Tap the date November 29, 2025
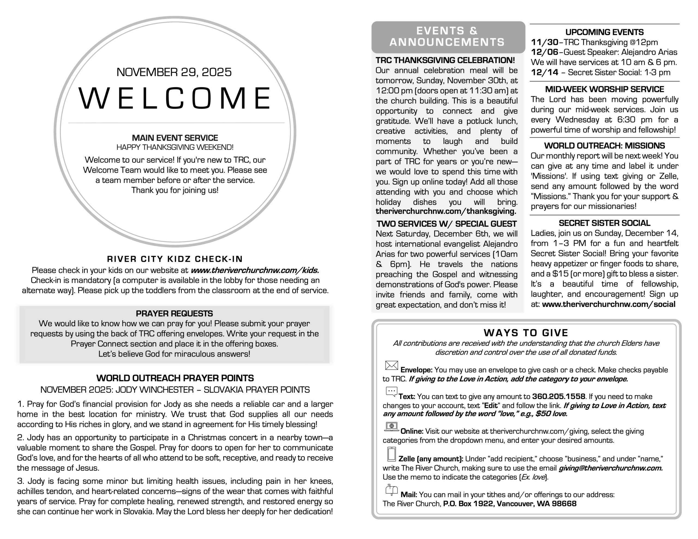[x=174, y=72]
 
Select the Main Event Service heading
[x=175, y=138]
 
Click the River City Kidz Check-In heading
[x=175, y=259]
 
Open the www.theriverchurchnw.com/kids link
[x=255, y=270]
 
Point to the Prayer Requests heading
[x=174, y=313]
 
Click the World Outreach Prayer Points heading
[x=175, y=378]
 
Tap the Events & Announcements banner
[x=447, y=37]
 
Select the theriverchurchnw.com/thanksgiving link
[x=446, y=211]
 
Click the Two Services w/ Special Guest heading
[x=447, y=224]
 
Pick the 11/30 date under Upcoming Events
[x=544, y=42]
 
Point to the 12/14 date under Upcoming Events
[x=544, y=72]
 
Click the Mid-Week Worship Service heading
[x=604, y=89]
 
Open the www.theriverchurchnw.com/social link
[x=609, y=304]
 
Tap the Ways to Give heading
[x=526, y=333]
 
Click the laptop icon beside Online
[x=392, y=426]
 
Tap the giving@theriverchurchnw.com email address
[x=610, y=468]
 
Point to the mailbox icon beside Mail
[x=392, y=490]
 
